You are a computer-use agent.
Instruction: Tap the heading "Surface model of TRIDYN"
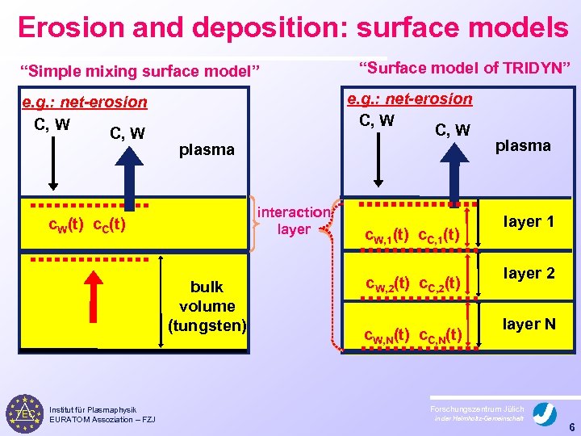pos(464,66)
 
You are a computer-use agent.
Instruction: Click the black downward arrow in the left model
pos(50,161)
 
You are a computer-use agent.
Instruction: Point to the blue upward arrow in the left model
pos(127,170)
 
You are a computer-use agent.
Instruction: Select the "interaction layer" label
pos(293,220)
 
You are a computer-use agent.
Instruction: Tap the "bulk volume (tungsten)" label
pos(207,306)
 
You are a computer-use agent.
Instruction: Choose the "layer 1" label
pos(529,221)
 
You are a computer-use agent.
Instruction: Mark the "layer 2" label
pos(529,273)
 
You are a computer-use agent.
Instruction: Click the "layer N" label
pos(529,324)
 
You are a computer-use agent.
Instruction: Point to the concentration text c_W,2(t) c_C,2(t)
pos(412,283)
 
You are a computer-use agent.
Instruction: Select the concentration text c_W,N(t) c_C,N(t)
pos(412,334)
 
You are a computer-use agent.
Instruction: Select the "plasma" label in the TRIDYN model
pos(523,145)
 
